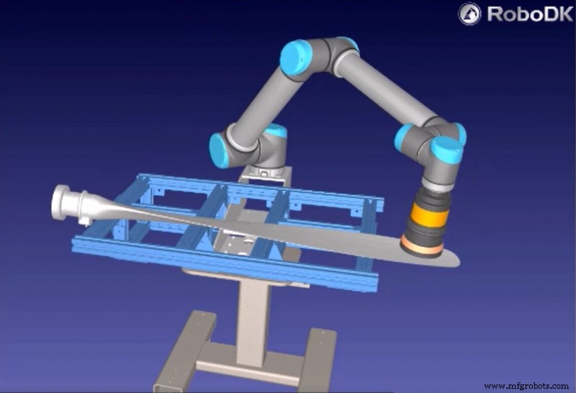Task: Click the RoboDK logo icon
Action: coord(471,13)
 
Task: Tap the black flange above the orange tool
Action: coord(430,191)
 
